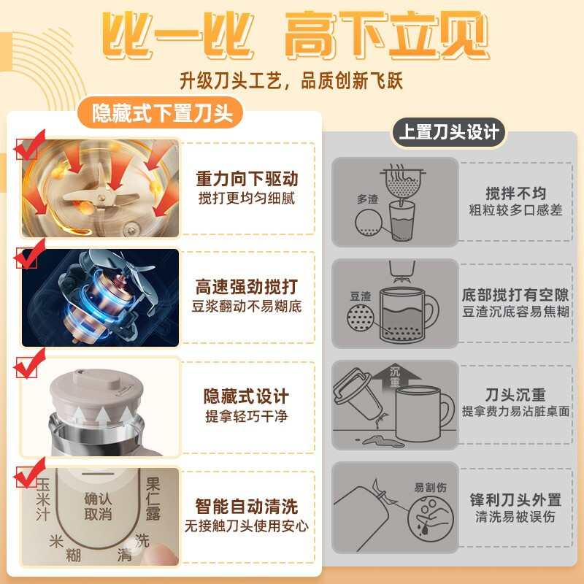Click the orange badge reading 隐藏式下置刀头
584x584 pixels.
[160, 112]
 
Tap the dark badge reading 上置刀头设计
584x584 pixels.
[448, 132]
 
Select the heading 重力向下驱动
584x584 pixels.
[247, 179]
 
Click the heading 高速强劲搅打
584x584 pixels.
[247, 287]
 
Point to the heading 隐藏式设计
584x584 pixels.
[246, 396]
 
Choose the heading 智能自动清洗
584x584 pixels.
[247, 506]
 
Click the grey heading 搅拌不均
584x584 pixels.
[516, 193]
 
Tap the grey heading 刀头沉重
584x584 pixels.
[515, 394]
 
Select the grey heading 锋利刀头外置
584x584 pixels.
[515, 500]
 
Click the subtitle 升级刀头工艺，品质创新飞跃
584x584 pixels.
[291, 80]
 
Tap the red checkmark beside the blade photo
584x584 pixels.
[29, 145]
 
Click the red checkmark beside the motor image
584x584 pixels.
[29, 253]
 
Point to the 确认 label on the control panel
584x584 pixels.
[98, 499]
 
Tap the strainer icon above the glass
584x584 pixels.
[403, 182]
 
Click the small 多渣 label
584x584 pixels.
[367, 199]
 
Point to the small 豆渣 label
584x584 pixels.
[361, 296]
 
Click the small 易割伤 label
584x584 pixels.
[430, 487]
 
